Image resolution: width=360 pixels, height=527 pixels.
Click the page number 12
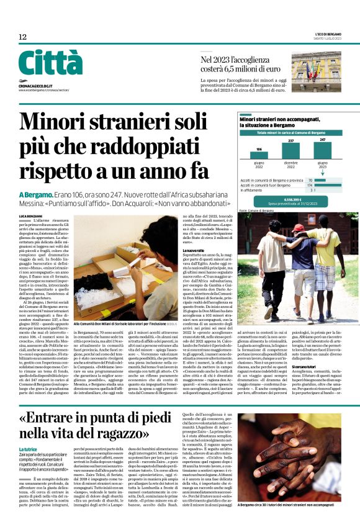coord(22,37)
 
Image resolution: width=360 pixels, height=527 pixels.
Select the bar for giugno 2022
coord(258,155)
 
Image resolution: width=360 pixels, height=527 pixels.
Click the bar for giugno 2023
coord(322,150)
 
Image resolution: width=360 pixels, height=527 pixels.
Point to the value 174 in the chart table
coord(309,185)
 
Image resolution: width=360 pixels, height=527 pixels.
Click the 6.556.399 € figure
coord(292,200)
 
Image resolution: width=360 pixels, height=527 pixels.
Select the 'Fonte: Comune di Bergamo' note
coord(255,210)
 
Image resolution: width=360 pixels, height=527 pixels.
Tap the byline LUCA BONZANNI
coord(30,215)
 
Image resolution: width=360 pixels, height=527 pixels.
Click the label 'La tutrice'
coord(28,449)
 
